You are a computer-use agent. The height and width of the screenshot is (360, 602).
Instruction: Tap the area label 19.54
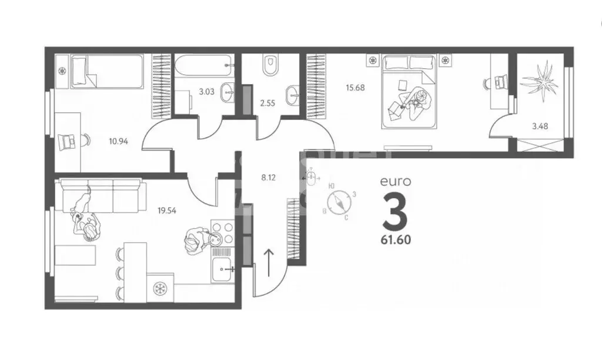[168, 208]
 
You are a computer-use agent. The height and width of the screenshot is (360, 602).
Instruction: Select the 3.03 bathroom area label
[206, 92]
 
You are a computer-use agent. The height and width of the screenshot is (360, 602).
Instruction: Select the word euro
[395, 182]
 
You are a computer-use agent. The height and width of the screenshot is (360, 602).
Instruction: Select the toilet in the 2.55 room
[270, 65]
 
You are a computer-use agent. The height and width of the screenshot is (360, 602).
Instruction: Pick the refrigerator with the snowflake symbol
[159, 288]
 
